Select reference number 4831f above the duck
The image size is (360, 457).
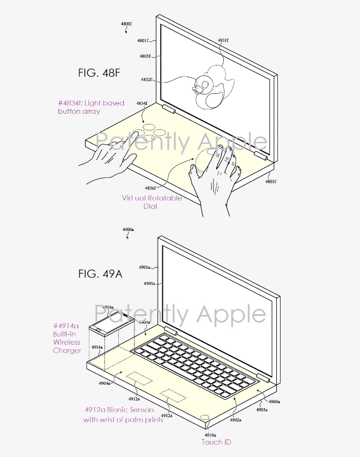coord(223,41)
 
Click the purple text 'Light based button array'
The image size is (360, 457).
coord(91,107)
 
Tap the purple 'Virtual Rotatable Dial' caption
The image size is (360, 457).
coord(151,202)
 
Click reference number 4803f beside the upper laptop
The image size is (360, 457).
coord(270,182)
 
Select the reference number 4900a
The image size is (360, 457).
coord(128,230)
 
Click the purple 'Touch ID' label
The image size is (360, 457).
coord(216,442)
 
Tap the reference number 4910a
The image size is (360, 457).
coord(209,435)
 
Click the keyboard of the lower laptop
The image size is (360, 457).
coord(194,363)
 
